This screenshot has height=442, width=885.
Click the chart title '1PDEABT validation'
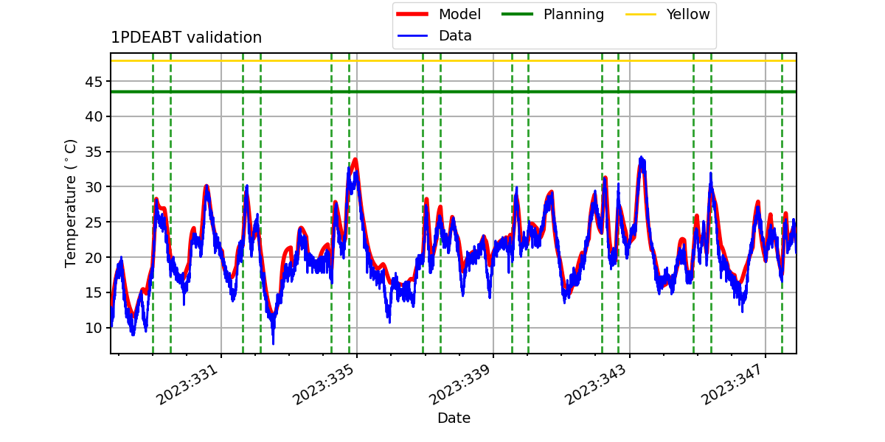click(186, 38)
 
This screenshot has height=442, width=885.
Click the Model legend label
click(459, 14)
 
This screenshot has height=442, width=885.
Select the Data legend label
click(455, 36)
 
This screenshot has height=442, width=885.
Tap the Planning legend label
click(574, 14)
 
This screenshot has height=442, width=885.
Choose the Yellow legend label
click(688, 14)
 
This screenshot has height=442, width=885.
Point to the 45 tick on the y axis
click(94, 82)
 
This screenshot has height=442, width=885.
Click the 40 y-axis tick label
click(94, 117)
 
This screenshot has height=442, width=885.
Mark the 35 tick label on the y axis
click(94, 152)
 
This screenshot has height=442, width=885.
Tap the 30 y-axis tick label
click(94, 187)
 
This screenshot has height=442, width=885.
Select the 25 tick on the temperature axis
click(94, 222)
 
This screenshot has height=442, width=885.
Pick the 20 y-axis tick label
click(94, 257)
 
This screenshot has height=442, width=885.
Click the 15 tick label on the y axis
click(94, 292)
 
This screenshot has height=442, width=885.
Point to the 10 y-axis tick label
click(94, 328)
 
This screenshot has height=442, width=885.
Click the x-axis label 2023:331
click(187, 385)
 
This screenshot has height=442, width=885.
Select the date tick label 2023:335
click(323, 385)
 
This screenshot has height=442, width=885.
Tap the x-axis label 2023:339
click(459, 385)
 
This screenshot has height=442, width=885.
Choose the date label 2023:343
click(596, 385)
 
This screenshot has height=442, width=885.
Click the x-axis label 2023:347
click(732, 385)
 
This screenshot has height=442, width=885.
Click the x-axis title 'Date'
click(454, 418)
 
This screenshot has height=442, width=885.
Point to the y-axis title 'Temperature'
click(70, 222)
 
